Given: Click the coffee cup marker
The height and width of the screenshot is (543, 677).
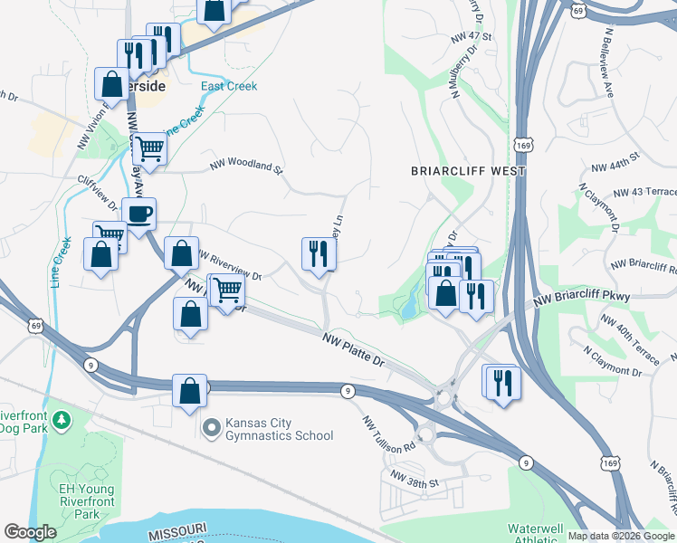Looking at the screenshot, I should tap(139, 214).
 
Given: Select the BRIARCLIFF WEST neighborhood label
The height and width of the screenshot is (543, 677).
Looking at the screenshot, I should tap(468, 170).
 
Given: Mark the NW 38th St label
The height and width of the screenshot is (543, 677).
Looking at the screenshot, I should tap(414, 479).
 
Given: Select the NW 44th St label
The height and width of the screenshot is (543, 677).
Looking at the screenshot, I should tap(615, 162).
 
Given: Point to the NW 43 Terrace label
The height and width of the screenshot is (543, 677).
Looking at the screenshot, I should tap(644, 193).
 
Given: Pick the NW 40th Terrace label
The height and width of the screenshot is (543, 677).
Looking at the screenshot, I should tap(630, 332).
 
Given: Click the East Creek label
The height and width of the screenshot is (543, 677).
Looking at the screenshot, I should tap(229, 87).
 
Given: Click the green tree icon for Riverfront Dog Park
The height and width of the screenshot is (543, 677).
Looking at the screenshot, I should tap(62, 420).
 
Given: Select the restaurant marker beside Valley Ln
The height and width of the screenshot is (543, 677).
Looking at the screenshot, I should tap(318, 252).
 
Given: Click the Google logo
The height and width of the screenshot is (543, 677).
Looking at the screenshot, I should tap(31, 532).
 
